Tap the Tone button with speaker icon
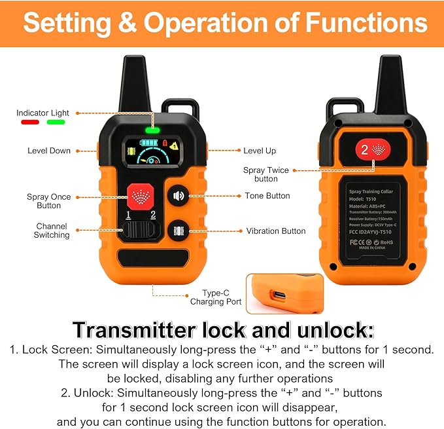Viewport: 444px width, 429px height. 178,195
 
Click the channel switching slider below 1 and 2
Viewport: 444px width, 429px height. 140,230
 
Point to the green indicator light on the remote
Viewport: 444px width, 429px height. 152,130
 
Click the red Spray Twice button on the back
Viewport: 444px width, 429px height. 371,149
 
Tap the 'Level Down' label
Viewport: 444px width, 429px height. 49,151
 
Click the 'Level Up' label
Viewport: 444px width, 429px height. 260,151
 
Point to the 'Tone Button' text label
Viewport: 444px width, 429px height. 267,196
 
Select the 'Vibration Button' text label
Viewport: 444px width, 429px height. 275,231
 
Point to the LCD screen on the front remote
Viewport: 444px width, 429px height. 152,155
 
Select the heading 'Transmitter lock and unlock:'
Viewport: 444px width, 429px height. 223,329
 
